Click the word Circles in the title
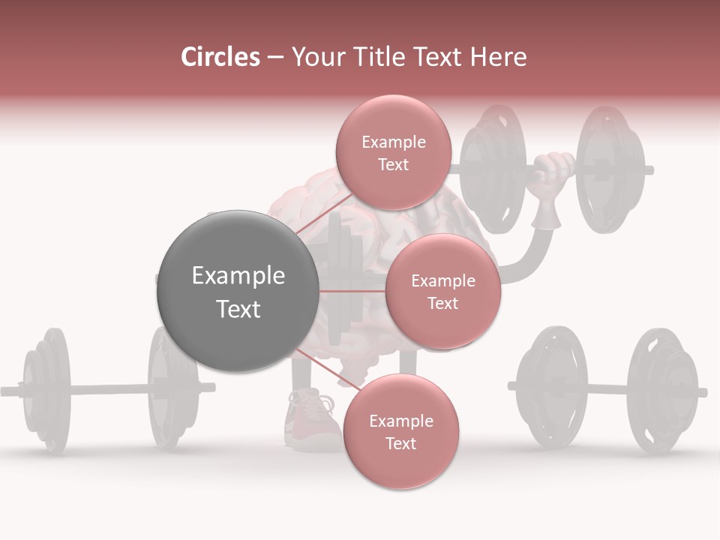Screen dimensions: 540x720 [x=220, y=57]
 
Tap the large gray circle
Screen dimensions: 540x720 [x=238, y=291]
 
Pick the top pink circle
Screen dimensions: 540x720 [x=393, y=152]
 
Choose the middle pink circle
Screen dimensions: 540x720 [x=442, y=291]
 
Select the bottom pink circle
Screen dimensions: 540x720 [x=400, y=431]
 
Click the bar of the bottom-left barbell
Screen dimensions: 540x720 [x=105, y=389]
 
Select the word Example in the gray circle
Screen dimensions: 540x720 [x=238, y=276]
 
